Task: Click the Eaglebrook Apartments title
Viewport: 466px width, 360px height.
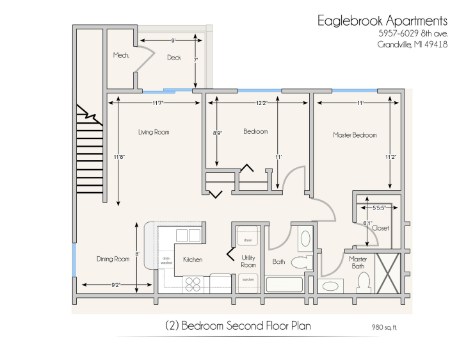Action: (x=382, y=21)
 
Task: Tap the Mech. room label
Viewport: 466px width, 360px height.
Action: (x=121, y=55)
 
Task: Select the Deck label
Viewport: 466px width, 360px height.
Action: (x=174, y=58)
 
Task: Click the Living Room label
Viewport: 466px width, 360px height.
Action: (x=154, y=132)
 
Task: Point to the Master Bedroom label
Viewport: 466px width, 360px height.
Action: (x=355, y=135)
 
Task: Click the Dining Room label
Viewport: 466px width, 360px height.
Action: (x=113, y=259)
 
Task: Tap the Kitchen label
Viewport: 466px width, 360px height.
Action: (x=193, y=259)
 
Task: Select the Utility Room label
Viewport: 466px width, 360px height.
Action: (x=248, y=261)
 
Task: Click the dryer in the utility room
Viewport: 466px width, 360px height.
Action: (x=248, y=236)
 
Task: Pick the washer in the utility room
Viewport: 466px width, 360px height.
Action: (x=248, y=283)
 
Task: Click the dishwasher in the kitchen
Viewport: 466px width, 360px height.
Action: (x=166, y=260)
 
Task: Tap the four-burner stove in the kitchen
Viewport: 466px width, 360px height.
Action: (x=193, y=284)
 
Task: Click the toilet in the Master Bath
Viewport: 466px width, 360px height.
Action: (x=364, y=282)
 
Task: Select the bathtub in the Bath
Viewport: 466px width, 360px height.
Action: (x=284, y=284)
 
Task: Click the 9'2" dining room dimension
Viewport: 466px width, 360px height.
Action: (x=116, y=284)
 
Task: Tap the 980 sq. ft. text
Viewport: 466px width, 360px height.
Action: (x=384, y=327)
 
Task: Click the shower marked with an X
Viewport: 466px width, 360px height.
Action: (x=387, y=273)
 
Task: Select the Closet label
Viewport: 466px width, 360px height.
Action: (x=380, y=228)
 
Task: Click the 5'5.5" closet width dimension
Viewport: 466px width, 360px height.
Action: (x=379, y=208)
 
